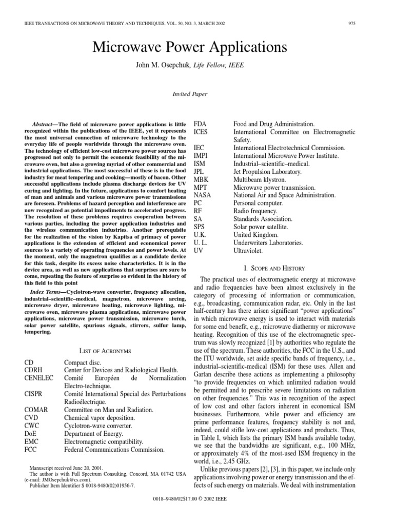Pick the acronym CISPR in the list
[34, 394]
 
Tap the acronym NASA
[203, 195]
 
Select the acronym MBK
[200, 179]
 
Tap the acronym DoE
[31, 434]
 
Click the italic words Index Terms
[47, 292]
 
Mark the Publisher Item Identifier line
[79, 486]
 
